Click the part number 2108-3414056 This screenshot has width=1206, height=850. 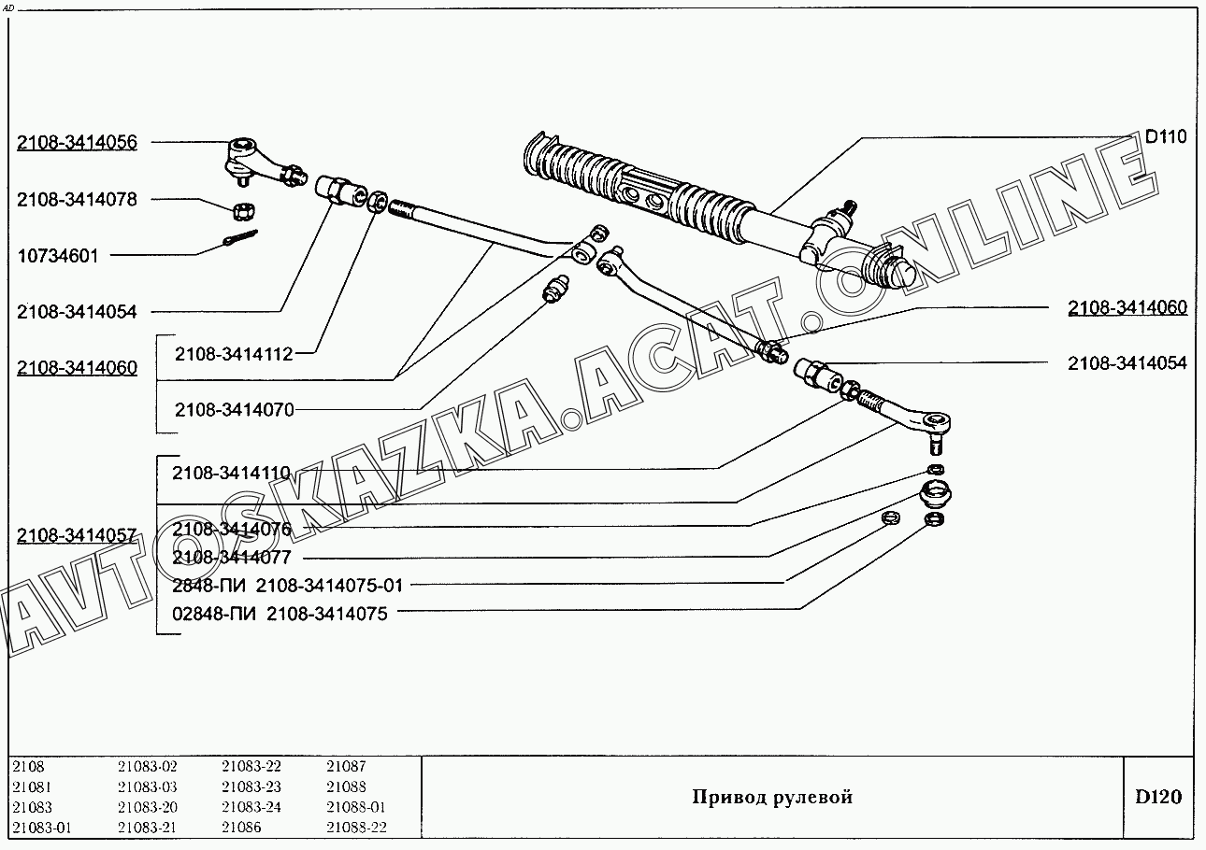pos(77,143)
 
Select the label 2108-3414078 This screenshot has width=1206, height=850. pos(77,200)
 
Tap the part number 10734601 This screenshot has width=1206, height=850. pos(58,256)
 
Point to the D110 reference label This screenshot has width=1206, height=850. pos(1166,136)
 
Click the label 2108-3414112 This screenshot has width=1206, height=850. pos(234,354)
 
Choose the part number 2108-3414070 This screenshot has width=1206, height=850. pos(235,410)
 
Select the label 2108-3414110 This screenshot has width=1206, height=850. pos(232,473)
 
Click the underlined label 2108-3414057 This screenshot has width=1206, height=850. pos(77,535)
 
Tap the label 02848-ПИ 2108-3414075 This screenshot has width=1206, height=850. pos(280,614)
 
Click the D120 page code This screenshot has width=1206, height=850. pos(1158,797)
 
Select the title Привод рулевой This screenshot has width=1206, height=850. pos(772,798)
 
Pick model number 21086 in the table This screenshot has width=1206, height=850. pos(241,827)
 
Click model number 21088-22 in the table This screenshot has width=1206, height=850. pos(356,827)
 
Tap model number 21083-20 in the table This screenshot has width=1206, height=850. pos(148,807)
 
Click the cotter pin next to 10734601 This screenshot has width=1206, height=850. pos(239,237)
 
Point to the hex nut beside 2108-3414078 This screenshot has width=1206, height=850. pos(244,211)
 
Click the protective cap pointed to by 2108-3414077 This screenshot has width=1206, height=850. pos(936,494)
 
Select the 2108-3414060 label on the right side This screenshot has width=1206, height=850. pos(1127,307)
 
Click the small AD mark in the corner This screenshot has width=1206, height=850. pos(7,8)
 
